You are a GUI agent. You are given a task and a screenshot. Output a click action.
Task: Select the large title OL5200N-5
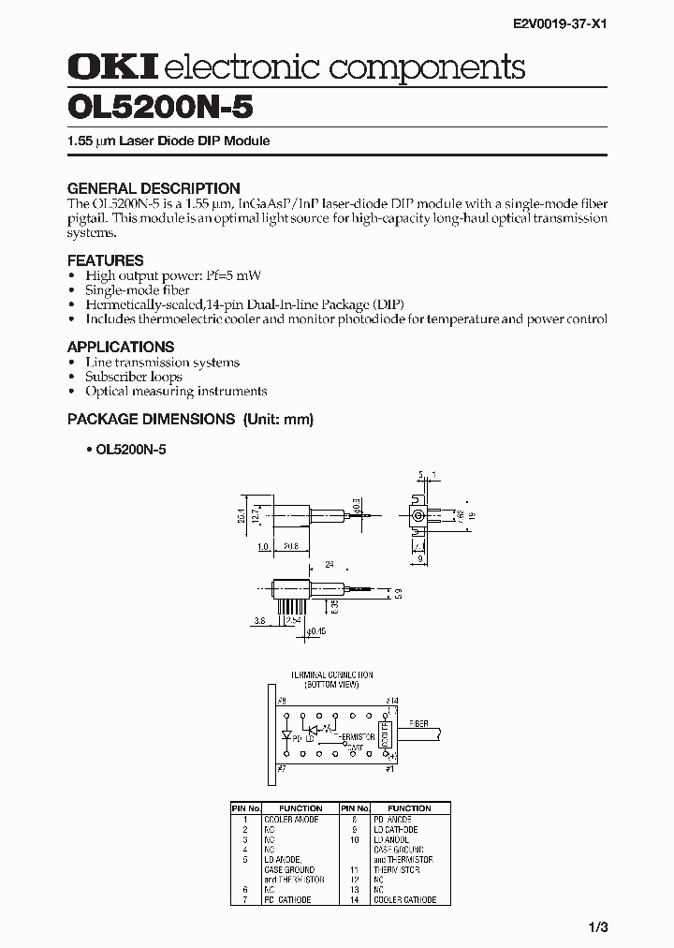pyautogui.click(x=160, y=107)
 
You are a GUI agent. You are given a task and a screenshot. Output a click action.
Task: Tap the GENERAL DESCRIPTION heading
pyautogui.click(x=154, y=187)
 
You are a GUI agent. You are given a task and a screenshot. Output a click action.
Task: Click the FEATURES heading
pyautogui.click(x=105, y=260)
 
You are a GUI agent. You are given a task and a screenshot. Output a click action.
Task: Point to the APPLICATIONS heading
pyautogui.click(x=121, y=347)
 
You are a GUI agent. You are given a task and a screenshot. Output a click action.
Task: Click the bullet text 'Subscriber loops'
pyautogui.click(x=133, y=377)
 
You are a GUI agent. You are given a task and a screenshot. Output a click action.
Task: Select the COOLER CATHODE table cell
pyautogui.click(x=404, y=900)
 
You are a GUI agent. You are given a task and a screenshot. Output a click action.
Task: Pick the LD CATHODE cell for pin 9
pyautogui.click(x=396, y=830)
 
